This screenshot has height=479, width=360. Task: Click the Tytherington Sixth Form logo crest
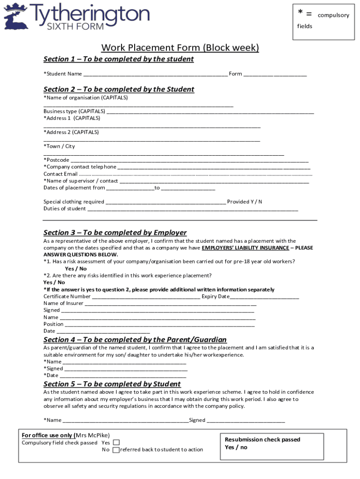(16, 16)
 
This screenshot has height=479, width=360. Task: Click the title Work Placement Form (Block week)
(180, 48)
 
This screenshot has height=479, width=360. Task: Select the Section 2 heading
(119, 89)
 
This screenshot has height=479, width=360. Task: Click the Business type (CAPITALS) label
(74, 111)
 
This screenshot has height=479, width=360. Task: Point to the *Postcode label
(57, 160)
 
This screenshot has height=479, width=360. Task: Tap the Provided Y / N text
(245, 202)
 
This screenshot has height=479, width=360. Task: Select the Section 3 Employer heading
(115, 232)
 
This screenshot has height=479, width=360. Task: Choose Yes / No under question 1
(76, 269)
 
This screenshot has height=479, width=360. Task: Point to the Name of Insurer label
(64, 303)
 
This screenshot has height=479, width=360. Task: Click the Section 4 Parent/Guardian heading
(135, 340)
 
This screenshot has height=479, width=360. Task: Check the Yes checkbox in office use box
(116, 443)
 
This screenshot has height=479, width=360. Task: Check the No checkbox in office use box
(116, 450)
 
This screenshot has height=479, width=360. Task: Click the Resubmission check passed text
(262, 440)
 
